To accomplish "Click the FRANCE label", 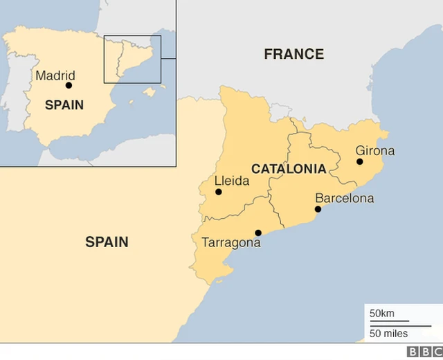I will (293, 54).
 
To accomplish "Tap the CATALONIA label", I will (289, 168).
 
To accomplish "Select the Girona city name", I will (375, 150).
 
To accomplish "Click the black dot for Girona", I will (360, 161).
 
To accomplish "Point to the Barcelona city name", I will (344, 198).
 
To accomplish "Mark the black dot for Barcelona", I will (318, 208).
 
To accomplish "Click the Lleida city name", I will (231, 181).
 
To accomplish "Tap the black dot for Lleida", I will (219, 192).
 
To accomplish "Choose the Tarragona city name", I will (231, 243).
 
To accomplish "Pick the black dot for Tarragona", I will (258, 233).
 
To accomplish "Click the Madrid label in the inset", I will (55, 75).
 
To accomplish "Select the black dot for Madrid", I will (69, 85).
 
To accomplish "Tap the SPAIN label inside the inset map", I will (64, 105).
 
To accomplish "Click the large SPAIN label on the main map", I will (107, 242).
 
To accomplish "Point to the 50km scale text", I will (382, 314).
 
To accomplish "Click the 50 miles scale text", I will (388, 334).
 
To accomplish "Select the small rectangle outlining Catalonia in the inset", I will (132, 59).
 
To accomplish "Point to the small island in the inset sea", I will (150, 91).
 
